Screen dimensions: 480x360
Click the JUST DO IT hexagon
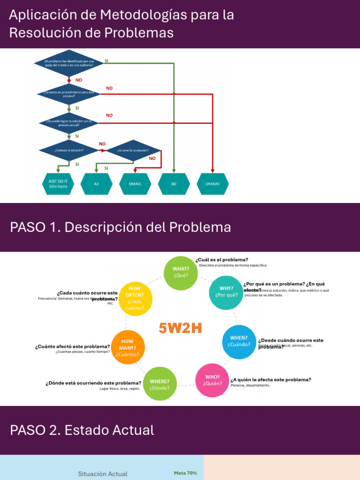[x=58, y=184]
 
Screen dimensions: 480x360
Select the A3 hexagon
[x=97, y=184]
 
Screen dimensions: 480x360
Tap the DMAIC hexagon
[x=135, y=184]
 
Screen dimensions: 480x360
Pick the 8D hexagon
[x=174, y=184]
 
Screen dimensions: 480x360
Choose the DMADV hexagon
[x=213, y=184]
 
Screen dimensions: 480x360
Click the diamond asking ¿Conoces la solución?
[x=69, y=150]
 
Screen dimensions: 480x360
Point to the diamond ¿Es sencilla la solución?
[x=133, y=150]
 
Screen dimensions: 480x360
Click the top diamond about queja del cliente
[x=69, y=63]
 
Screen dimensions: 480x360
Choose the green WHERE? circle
[x=159, y=384]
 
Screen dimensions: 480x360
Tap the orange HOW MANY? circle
[x=127, y=348]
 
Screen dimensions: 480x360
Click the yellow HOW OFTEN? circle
[x=135, y=298]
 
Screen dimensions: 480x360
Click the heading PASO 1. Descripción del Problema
[x=120, y=227]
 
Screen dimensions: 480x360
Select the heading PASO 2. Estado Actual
[x=82, y=430]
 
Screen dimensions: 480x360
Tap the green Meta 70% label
[x=185, y=473]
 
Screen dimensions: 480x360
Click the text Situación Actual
[x=103, y=474]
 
